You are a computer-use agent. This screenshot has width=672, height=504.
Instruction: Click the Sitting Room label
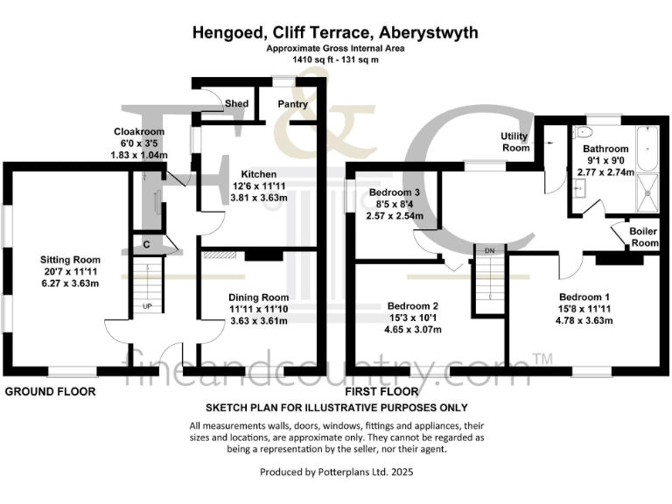click(69, 260)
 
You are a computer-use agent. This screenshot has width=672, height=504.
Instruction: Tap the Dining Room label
click(258, 297)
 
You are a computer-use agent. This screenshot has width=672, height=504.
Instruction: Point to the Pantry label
click(291, 104)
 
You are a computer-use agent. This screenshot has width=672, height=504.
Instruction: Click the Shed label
click(236, 104)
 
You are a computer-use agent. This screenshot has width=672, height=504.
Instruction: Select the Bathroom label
click(606, 150)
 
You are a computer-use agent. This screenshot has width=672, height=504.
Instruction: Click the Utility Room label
click(514, 142)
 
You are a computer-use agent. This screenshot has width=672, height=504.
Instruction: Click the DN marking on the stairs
click(490, 251)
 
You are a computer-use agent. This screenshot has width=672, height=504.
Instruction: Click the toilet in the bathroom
click(584, 132)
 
